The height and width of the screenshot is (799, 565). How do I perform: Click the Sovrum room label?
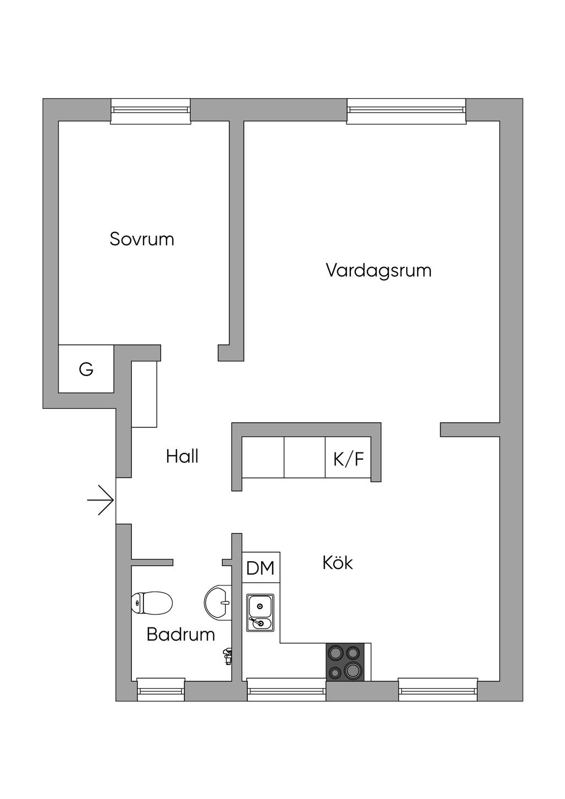point(142,239)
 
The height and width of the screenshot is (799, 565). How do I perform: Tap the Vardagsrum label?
point(378,270)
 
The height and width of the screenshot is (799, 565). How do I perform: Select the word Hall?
point(182,456)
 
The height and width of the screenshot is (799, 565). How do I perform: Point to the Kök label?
point(338,563)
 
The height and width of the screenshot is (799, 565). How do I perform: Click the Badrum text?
point(180,634)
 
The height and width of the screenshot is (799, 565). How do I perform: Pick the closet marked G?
point(86,369)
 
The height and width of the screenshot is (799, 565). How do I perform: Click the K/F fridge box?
point(348,458)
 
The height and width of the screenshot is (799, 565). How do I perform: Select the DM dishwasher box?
point(260,568)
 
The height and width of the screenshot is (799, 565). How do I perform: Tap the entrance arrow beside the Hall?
point(101,500)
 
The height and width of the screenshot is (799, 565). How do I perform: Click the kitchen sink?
point(260,613)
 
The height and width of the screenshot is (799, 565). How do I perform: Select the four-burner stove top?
point(345,662)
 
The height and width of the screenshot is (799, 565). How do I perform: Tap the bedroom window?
point(150,110)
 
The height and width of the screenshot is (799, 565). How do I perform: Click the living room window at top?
point(406,110)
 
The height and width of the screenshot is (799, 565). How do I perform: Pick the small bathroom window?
point(160,690)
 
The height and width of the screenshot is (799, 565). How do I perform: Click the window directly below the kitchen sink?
point(286,690)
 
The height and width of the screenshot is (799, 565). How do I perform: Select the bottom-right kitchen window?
point(438,690)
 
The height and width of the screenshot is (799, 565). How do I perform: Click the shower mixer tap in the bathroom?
point(227,656)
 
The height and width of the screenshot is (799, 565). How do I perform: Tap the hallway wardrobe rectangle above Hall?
point(145,394)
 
